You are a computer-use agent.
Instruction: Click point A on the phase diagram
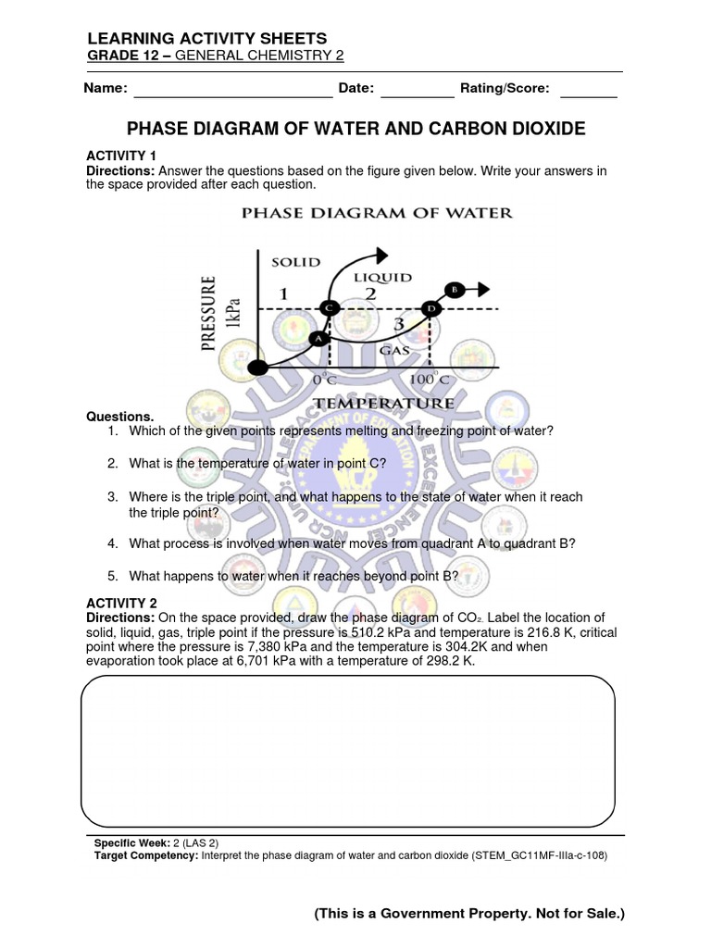[x=318, y=339]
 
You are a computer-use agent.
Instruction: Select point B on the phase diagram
[x=454, y=289]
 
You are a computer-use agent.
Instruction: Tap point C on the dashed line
[x=329, y=307]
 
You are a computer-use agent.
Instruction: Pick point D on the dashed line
[x=430, y=308]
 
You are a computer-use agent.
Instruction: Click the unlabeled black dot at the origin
[x=260, y=368]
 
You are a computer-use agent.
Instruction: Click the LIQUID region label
[x=382, y=276]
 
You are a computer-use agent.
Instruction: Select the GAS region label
[x=395, y=352]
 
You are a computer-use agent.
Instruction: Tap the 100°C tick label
[x=430, y=380]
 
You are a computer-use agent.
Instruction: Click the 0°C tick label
[x=325, y=380]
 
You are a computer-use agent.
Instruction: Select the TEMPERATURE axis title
[x=385, y=403]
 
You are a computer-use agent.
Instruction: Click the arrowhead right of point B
[x=483, y=289]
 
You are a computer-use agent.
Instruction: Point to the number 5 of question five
[x=111, y=576]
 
